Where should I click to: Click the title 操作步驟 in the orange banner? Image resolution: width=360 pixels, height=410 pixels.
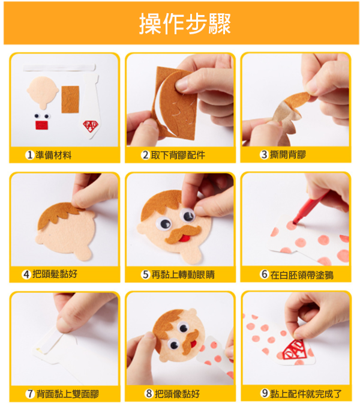click(x=185, y=23)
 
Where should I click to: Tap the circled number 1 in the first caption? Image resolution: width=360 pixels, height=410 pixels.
click(x=30, y=155)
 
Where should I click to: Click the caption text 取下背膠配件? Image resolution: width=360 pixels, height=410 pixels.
click(x=178, y=155)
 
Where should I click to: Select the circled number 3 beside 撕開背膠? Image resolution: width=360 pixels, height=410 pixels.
click(x=264, y=154)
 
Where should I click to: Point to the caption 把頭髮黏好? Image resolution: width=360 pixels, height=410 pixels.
click(x=55, y=274)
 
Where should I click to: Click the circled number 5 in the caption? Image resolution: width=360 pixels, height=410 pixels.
click(x=145, y=274)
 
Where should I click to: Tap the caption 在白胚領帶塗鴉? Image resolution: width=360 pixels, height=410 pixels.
click(x=302, y=275)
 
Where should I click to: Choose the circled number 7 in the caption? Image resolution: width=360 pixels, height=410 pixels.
click(x=30, y=394)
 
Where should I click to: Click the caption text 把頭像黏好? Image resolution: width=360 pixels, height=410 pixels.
click(x=177, y=394)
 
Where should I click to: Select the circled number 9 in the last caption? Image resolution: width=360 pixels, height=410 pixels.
click(x=265, y=393)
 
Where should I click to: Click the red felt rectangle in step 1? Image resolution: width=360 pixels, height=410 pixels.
click(x=42, y=125)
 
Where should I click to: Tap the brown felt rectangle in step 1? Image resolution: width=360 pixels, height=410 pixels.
click(x=70, y=100)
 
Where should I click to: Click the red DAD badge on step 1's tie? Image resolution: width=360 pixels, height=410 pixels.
click(x=91, y=126)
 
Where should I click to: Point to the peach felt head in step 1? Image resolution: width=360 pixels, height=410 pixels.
click(x=43, y=92)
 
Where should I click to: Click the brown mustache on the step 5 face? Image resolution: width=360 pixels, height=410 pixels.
click(x=183, y=234)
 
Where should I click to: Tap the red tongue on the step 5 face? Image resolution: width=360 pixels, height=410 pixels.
click(x=185, y=238)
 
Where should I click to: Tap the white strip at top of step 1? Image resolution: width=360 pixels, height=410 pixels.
click(x=59, y=67)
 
